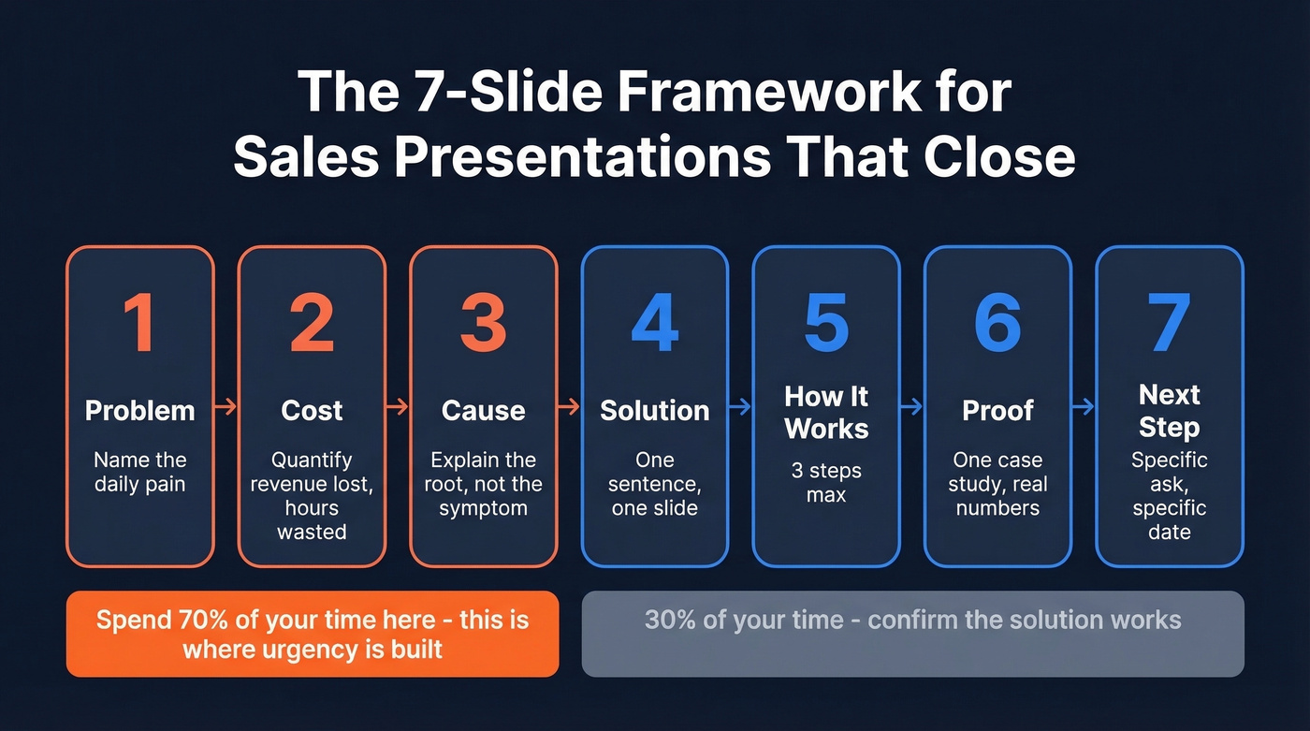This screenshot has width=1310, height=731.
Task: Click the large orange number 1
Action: (139, 323)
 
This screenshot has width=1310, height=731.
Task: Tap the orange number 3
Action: (483, 323)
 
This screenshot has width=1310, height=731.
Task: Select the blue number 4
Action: (654, 323)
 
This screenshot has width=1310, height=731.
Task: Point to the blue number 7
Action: (1170, 323)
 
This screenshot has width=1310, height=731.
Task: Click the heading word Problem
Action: (139, 410)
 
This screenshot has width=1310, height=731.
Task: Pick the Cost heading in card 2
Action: (312, 410)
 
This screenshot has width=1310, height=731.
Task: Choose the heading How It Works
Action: (826, 412)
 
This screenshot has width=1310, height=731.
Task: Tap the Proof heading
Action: (997, 410)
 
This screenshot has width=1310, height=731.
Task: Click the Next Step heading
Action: (1170, 410)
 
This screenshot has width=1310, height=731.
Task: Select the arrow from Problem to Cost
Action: (226, 407)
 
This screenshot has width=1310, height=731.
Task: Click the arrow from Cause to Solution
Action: (569, 407)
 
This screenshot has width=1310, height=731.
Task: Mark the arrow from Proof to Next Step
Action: (1084, 407)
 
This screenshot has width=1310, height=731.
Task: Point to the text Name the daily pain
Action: (139, 472)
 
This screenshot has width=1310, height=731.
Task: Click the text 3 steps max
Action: (826, 482)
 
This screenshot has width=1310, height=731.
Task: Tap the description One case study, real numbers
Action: (997, 484)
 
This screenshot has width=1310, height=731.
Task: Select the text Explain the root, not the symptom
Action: (483, 484)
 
